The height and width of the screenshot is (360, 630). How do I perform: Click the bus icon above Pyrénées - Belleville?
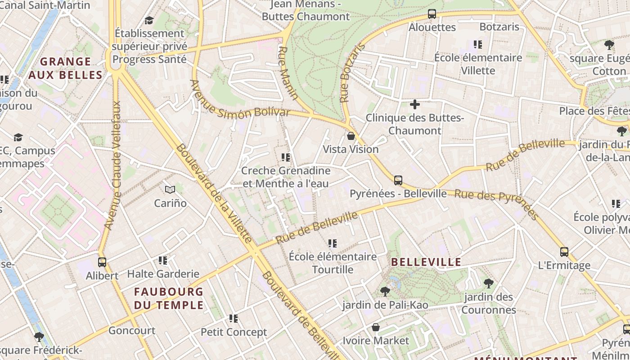pos(398,180)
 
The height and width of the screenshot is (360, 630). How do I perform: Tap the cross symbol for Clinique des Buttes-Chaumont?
pos(415,105)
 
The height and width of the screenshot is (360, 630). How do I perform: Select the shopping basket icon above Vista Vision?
pos(351,136)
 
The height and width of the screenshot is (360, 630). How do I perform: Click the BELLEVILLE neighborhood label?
pos(426,262)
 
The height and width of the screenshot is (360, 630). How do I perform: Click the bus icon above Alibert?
pos(102,262)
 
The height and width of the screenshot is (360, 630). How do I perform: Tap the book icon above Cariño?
pos(170,190)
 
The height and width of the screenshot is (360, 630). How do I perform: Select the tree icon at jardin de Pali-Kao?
pos(385,292)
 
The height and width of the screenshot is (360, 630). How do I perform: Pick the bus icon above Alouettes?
pos(432,14)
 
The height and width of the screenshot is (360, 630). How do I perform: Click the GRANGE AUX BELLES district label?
pos(66,68)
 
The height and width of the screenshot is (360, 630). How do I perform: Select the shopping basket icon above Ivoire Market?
pos(376,327)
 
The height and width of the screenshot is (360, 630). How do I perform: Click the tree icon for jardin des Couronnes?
pos(488,283)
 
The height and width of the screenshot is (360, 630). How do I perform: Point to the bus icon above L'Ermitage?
pos(564,252)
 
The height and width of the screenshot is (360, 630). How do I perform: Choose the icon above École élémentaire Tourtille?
pos(333,243)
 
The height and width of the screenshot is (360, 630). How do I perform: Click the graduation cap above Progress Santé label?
pos(149,20)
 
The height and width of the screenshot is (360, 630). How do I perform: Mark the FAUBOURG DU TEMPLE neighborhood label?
pos(169,298)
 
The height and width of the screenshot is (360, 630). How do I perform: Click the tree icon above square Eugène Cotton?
pos(609,45)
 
